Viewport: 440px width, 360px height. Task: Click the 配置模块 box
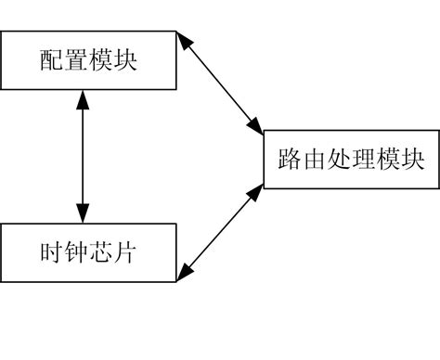point(88,60)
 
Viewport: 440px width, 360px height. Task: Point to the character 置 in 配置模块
point(77,59)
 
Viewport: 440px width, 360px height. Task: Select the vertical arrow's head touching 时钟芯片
point(84,212)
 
